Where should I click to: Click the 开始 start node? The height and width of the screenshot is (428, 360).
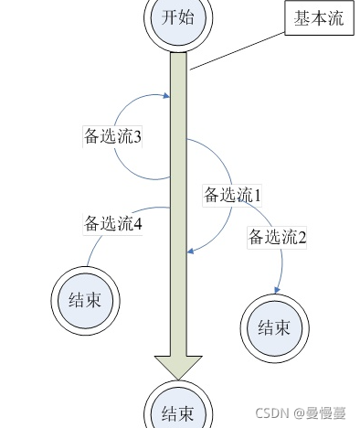[x=179, y=17]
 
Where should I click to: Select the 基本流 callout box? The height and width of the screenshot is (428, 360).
[x=319, y=20]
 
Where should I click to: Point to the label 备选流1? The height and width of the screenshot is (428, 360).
[x=232, y=194]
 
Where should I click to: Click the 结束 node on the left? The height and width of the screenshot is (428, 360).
[x=84, y=299]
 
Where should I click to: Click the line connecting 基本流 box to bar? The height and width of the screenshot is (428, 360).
[x=238, y=50]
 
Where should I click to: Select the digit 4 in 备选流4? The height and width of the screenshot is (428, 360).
[x=138, y=222]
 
